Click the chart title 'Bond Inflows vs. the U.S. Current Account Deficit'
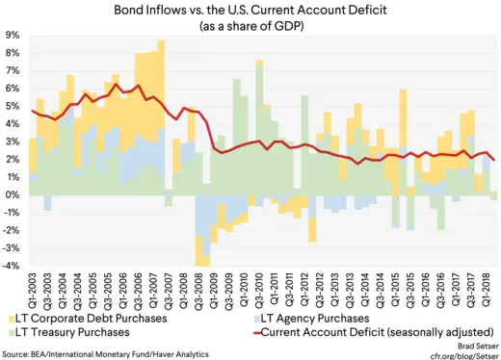click(x=250, y=10)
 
